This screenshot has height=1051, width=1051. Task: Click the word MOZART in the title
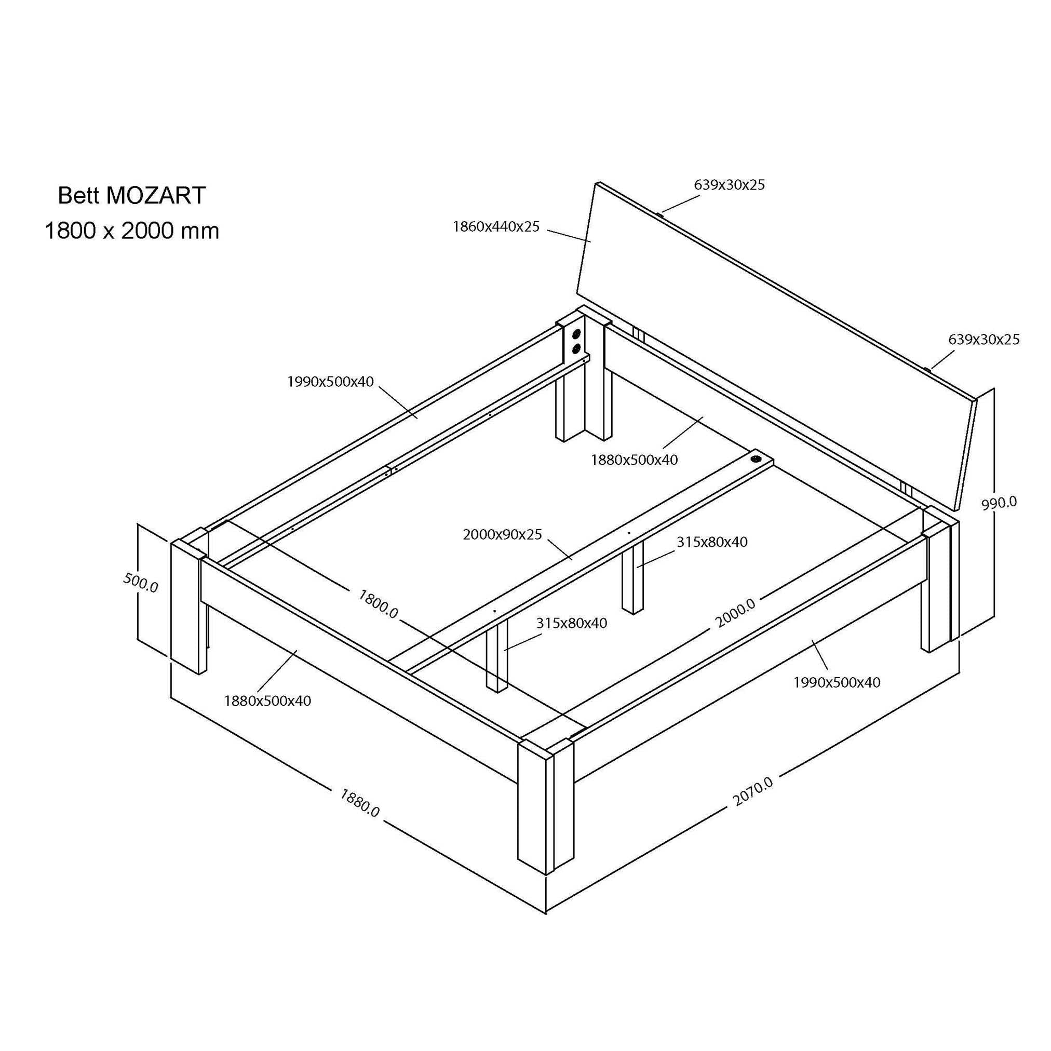156,195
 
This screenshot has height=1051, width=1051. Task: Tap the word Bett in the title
79,195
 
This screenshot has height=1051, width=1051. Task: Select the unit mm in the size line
200,231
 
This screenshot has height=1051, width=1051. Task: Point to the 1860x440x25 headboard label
496,227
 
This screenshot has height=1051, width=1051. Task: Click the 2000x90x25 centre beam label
503,534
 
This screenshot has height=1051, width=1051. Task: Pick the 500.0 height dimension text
140,583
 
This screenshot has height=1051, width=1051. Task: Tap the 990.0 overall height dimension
999,503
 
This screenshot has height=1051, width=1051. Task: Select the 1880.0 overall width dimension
359,803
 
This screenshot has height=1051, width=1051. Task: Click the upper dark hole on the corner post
576,333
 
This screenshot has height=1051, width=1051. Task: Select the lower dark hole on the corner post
576,348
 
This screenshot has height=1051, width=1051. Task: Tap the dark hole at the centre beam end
757,459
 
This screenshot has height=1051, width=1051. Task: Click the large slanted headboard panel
777,346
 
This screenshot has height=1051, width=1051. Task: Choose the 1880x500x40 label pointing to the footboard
267,700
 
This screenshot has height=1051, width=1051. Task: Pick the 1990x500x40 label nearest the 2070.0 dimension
837,682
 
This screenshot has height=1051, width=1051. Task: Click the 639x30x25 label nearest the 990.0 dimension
984,340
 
